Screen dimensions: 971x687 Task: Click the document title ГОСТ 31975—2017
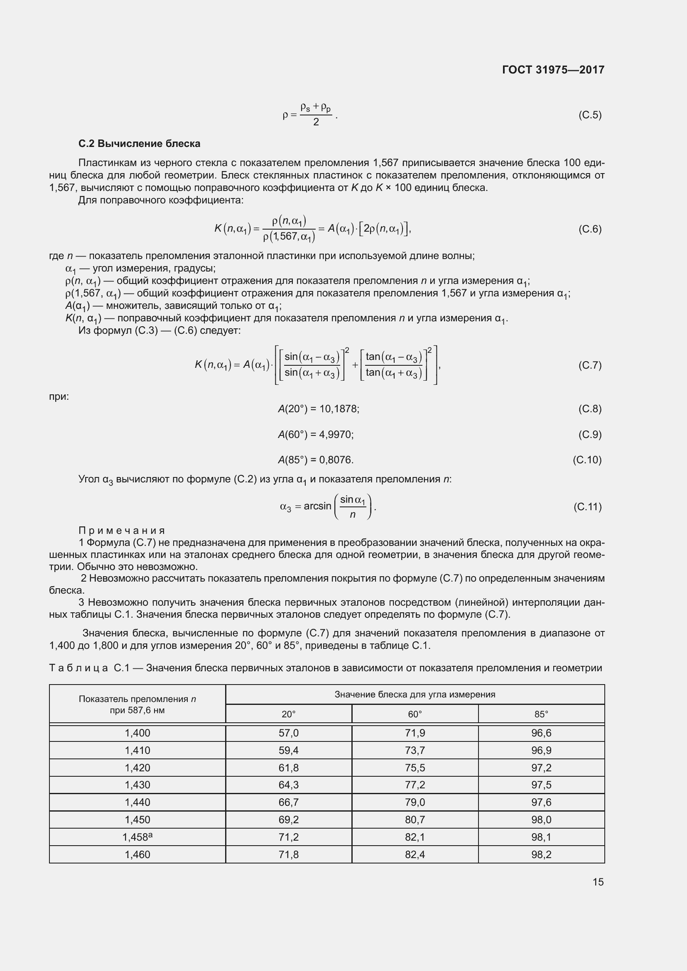click(553, 70)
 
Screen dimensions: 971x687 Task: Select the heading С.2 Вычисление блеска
click(139, 144)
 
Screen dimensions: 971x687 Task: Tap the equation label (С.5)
click(590, 115)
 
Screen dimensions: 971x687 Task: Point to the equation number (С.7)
click(590, 365)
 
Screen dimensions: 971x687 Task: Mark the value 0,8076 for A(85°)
click(336, 460)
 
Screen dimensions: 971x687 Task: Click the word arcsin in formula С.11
click(317, 506)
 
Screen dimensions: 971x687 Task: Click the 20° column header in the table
click(289, 714)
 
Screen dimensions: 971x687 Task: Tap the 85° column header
click(541, 714)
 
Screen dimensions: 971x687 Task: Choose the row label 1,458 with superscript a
click(137, 837)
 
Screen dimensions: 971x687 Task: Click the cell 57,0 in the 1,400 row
click(289, 733)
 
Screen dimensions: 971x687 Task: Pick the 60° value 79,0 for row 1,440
click(415, 802)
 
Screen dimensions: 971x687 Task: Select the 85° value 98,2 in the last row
click(541, 854)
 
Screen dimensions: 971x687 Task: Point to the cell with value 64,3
click(289, 785)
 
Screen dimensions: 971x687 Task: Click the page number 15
click(598, 882)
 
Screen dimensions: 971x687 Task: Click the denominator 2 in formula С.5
click(316, 122)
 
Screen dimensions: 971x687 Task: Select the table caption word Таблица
click(79, 668)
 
